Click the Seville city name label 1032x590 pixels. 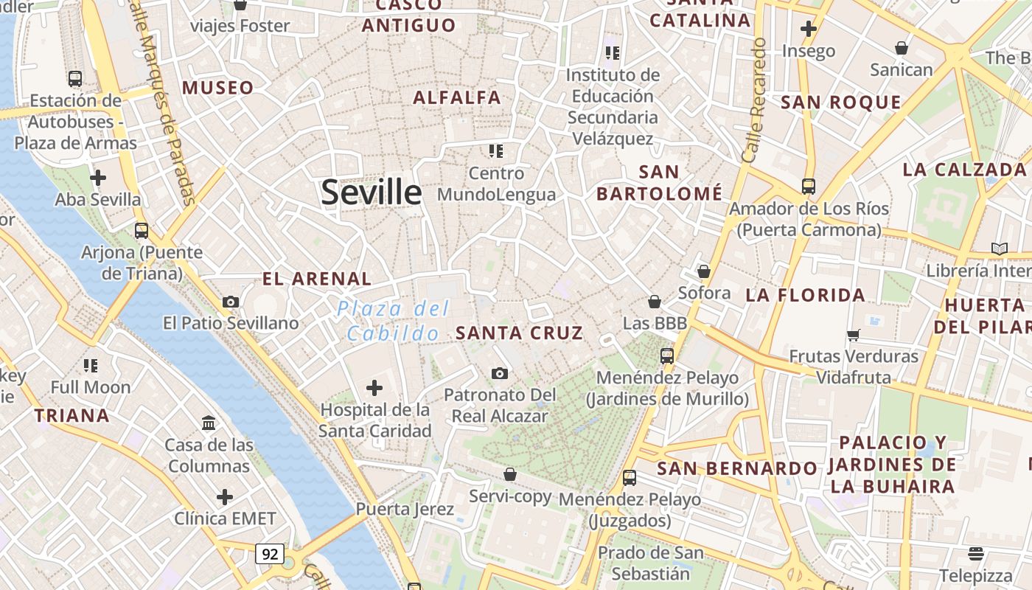point(372,192)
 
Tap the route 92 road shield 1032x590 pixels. point(270,553)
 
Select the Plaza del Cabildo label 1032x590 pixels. point(393,321)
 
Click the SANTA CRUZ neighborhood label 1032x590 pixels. point(519,333)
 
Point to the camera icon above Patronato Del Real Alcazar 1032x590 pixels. point(500,373)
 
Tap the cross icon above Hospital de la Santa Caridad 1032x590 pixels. point(374,387)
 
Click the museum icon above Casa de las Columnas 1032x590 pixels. point(209,423)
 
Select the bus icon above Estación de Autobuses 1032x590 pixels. point(74,78)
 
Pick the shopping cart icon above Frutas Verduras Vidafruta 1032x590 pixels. point(854,335)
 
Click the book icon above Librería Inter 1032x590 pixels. point(999,249)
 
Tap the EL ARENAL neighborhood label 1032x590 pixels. point(317,279)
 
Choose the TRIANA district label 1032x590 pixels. point(72,415)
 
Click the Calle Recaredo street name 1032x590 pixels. point(755,101)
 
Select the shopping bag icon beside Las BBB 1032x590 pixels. point(654,302)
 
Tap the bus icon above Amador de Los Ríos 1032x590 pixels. point(809,186)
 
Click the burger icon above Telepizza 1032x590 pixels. point(976,553)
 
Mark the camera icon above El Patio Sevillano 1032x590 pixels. point(231,302)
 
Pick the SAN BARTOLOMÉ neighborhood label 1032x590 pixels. point(659,183)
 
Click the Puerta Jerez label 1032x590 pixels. point(404,509)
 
